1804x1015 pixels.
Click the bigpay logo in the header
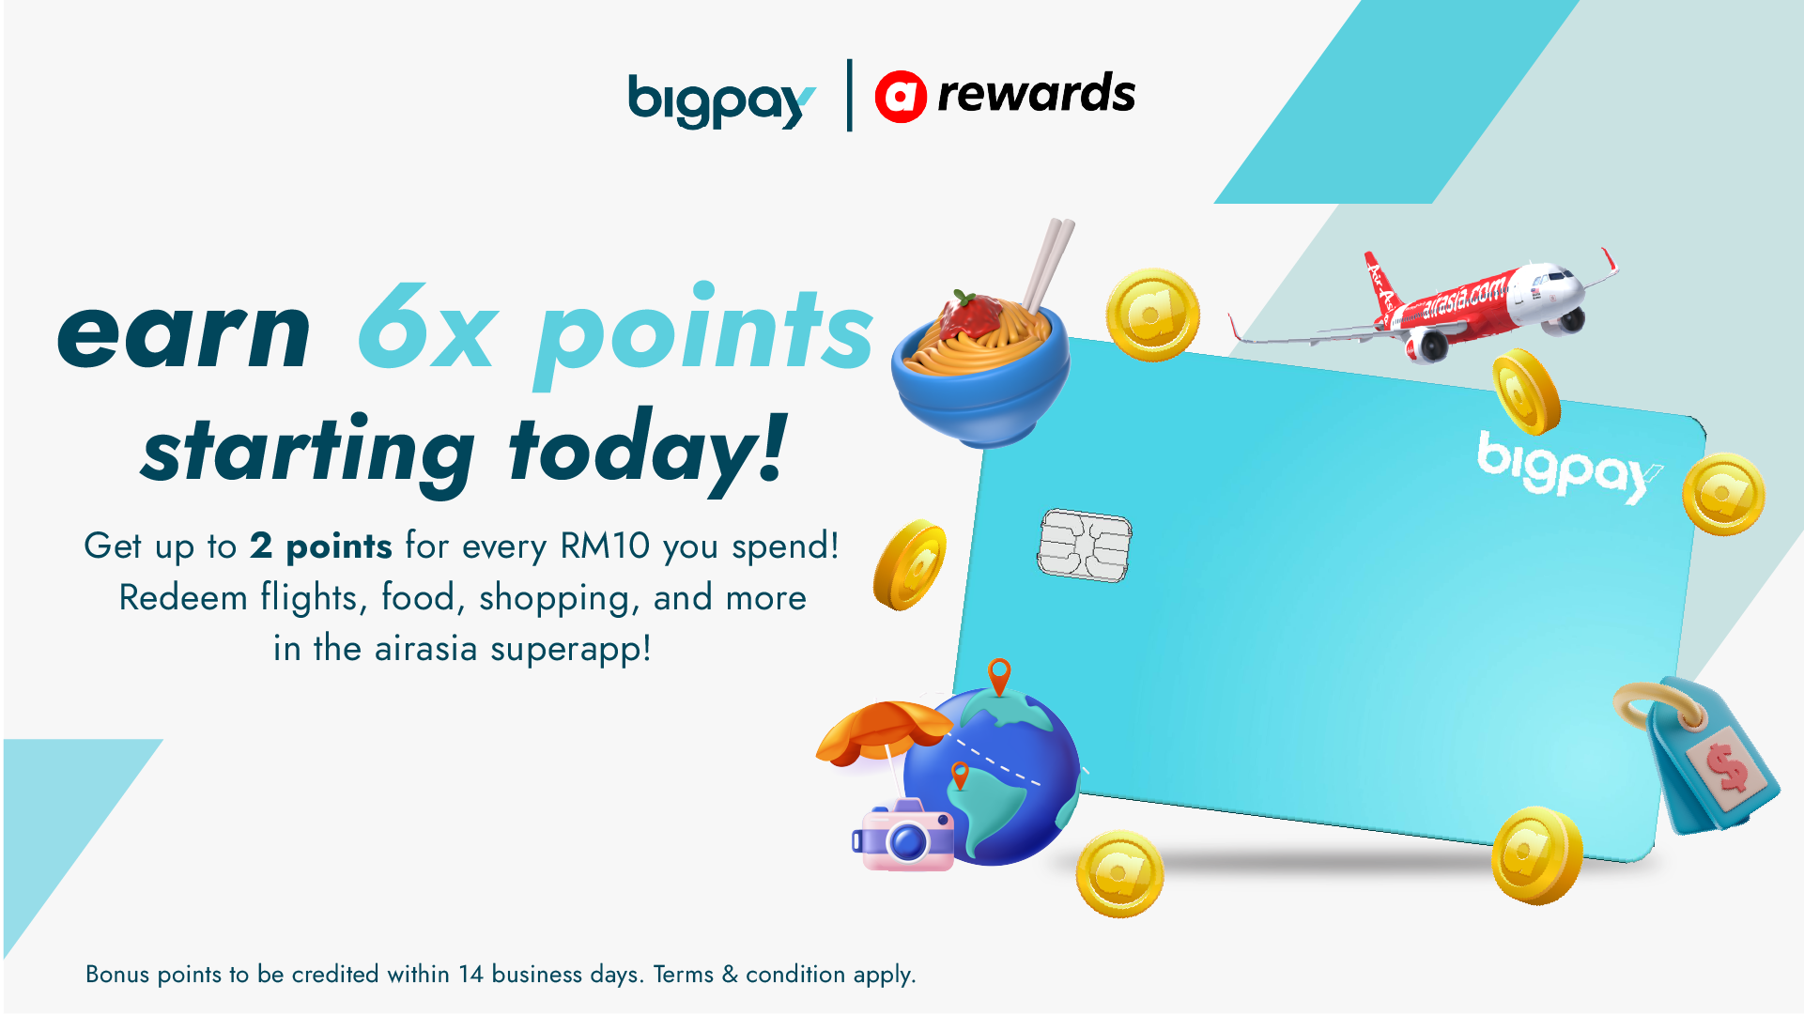click(x=719, y=100)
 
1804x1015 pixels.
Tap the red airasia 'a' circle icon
click(x=900, y=97)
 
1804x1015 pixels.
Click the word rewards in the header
click(x=1036, y=94)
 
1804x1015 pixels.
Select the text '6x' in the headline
click(x=427, y=329)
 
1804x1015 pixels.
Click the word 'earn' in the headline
click(x=184, y=332)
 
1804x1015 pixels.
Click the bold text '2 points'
click(x=320, y=546)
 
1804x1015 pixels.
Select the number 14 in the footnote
click(x=470, y=975)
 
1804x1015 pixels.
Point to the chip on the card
click(x=1084, y=546)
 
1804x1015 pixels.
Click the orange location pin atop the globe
click(x=999, y=675)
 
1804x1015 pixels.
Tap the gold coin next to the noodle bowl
click(x=1152, y=315)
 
